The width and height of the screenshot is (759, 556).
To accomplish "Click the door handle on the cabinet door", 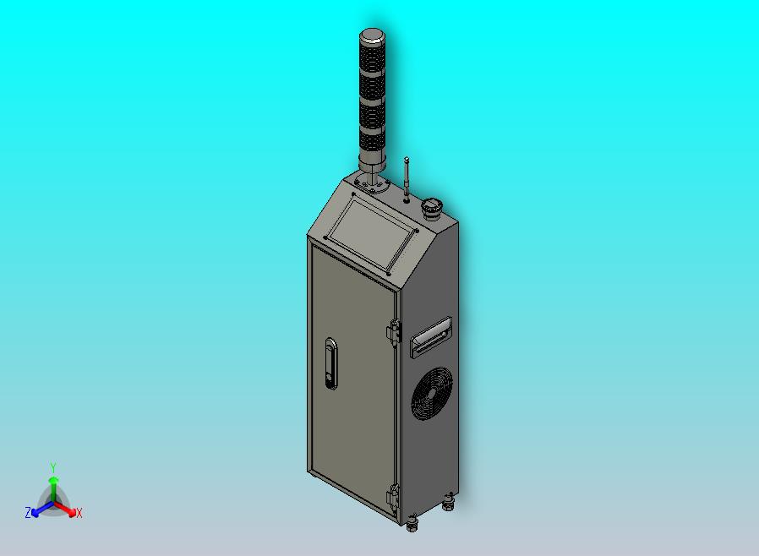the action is (x=331, y=363).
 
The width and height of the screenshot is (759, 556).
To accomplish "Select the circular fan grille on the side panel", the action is (x=432, y=393).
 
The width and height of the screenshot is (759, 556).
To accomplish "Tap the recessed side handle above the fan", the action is (x=431, y=337).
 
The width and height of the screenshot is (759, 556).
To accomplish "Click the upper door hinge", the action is (x=394, y=332).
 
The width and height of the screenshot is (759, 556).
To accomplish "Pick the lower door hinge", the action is (x=394, y=497).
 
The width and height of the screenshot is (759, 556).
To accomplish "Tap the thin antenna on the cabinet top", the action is (x=407, y=178).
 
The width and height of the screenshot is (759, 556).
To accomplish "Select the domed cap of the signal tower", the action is (x=372, y=35).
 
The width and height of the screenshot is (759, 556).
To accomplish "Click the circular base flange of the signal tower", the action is (x=372, y=185).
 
